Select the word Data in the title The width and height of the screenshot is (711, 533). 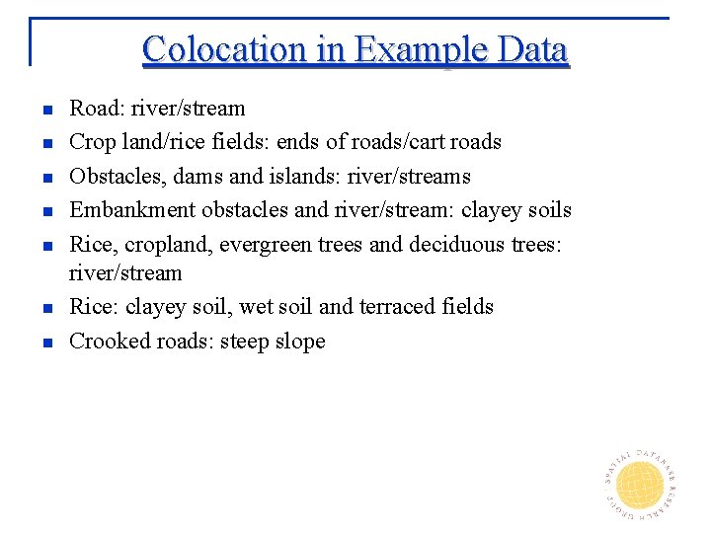tap(532, 49)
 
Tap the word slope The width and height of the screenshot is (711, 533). tap(300, 342)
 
